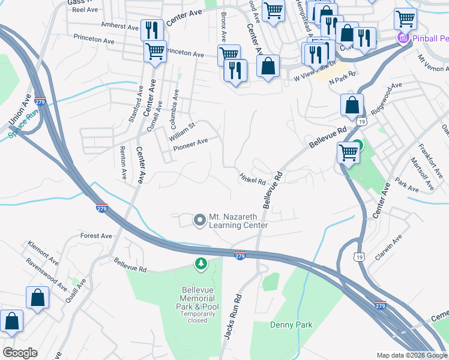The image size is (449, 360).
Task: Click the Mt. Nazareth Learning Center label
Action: (x=238, y=221)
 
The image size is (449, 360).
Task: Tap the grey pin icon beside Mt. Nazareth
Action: (x=200, y=220)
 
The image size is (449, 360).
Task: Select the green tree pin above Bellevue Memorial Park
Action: (x=201, y=263)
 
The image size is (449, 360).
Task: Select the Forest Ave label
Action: (x=96, y=236)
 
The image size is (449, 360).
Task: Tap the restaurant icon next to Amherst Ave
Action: (x=151, y=29)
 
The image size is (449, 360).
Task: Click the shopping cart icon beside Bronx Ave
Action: (x=229, y=54)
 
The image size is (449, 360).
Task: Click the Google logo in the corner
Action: (x=20, y=353)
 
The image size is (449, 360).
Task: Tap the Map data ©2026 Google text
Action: (x=412, y=355)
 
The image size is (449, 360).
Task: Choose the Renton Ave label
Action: (x=123, y=163)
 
